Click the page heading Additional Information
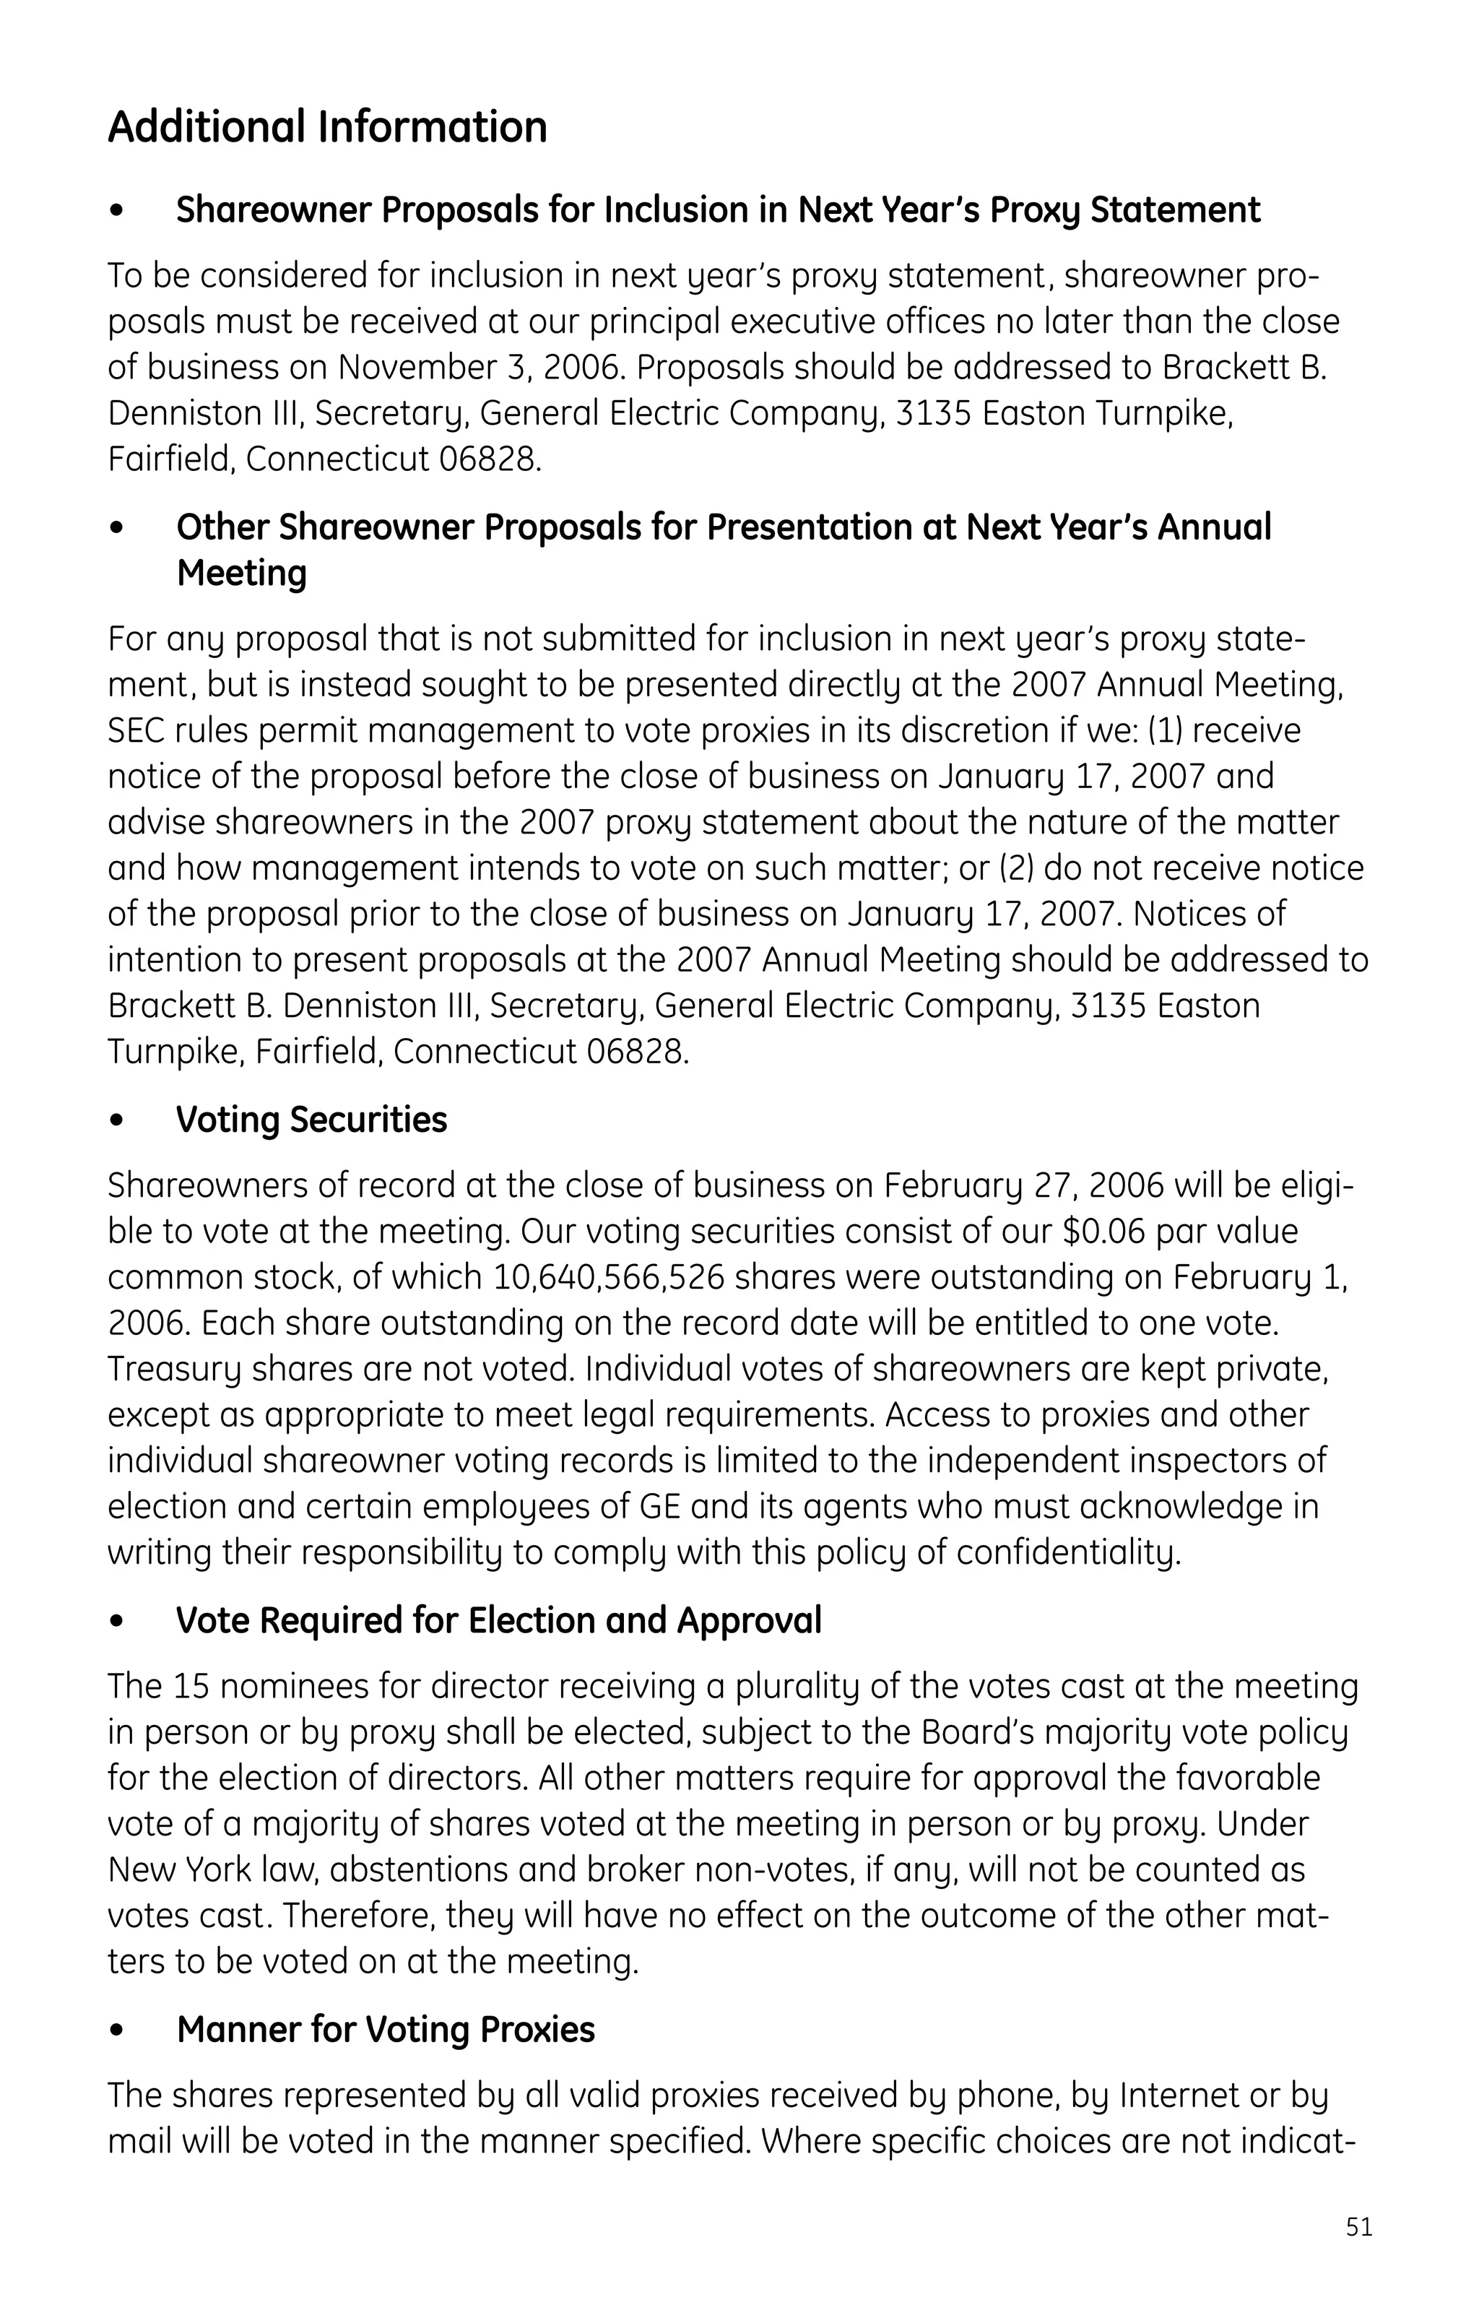click(327, 127)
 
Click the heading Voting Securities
click(311, 1120)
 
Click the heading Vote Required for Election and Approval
click(498, 1620)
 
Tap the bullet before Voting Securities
click(117, 1122)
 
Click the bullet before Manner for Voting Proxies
click(117, 2031)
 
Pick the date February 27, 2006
click(1024, 1186)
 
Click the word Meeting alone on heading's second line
click(242, 574)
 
